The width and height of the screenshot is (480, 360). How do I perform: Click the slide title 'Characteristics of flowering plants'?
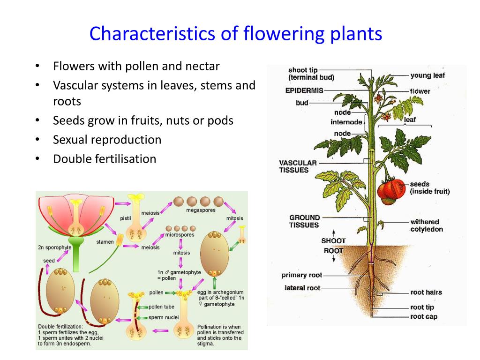[236, 34]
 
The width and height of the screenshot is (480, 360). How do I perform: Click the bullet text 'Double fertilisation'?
[105, 159]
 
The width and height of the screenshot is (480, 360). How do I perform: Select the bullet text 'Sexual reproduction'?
[107, 140]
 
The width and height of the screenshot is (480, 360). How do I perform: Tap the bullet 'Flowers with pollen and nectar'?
[136, 66]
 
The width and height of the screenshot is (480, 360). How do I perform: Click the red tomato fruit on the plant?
[391, 191]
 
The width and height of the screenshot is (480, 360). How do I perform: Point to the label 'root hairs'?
[426, 292]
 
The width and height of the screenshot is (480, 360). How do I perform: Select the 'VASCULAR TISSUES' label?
[298, 166]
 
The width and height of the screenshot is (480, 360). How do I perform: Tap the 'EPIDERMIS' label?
[304, 90]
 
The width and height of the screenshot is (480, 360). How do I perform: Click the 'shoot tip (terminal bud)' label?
[311, 74]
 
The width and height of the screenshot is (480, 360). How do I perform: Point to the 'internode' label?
[346, 122]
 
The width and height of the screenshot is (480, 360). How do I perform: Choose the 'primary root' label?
[302, 275]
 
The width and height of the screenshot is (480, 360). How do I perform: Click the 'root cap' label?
[424, 316]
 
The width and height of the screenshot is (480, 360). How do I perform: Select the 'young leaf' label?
[427, 75]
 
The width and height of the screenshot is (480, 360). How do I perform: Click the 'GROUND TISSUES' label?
[304, 221]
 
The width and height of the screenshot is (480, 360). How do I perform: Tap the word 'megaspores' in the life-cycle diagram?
[201, 210]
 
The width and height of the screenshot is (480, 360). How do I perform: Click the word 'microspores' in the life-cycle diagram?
[180, 234]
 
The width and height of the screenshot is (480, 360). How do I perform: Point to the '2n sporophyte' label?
[54, 247]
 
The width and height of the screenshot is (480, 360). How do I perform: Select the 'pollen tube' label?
[161, 307]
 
